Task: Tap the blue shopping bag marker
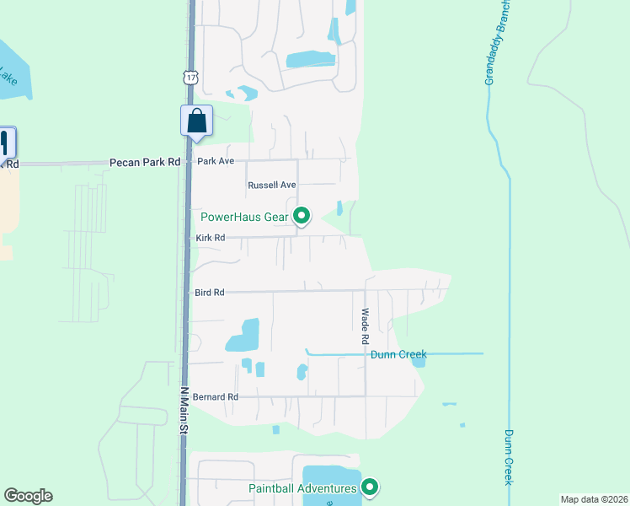196,120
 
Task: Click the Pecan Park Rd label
145,161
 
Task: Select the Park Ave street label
215,160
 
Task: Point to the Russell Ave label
272,185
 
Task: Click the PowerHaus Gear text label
244,217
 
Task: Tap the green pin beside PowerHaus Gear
302,217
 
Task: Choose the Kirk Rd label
210,238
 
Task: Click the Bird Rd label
209,293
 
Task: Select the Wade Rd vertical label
366,326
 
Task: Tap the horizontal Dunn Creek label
398,354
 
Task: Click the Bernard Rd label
216,396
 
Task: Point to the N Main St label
184,411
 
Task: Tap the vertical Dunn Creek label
509,456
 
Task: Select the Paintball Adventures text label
302,488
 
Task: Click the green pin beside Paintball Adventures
369,487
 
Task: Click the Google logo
28,496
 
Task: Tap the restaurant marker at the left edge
5,143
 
